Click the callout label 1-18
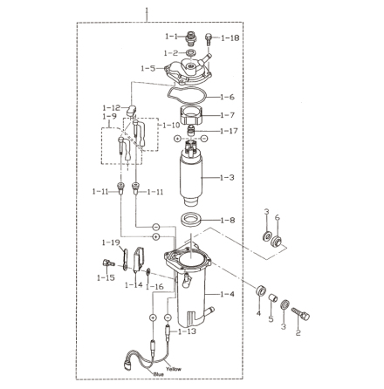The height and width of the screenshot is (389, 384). coord(230,38)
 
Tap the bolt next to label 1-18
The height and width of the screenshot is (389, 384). coord(209,39)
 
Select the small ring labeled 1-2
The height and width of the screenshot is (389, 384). coord(191,53)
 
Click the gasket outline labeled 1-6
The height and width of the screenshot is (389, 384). coord(187,95)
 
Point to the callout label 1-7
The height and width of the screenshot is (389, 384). coord(227,115)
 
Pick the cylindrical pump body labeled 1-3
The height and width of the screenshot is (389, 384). coord(191,174)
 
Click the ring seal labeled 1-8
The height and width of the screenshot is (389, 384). coord(191,220)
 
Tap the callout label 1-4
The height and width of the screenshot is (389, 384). coord(227,294)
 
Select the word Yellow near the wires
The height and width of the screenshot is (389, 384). coord(174,369)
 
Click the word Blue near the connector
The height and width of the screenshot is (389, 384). coord(158,374)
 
